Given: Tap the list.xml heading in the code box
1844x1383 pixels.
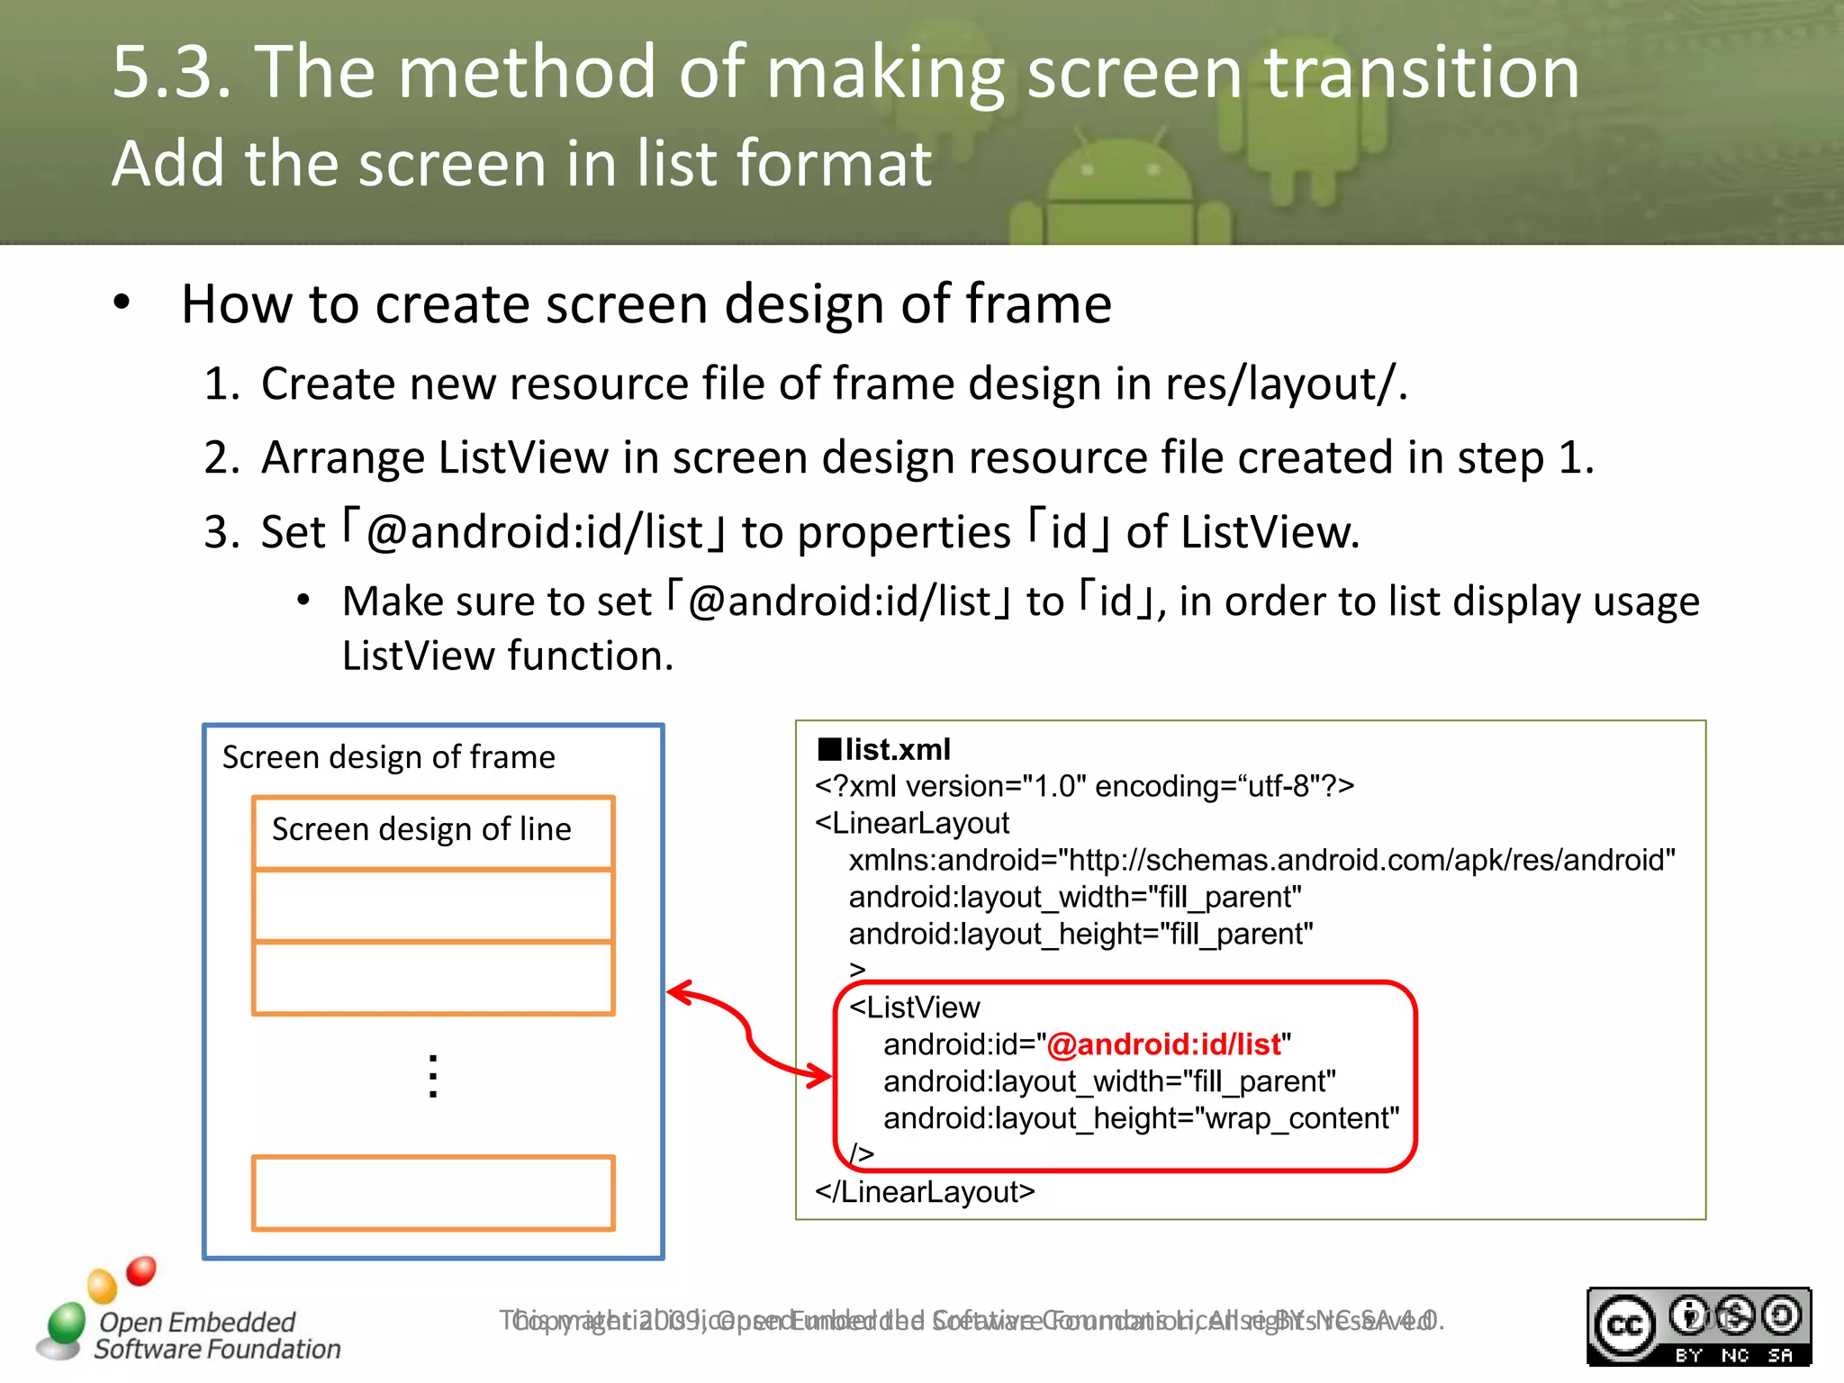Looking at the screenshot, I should coord(896,749).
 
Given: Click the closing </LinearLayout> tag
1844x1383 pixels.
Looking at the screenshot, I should coord(925,1192).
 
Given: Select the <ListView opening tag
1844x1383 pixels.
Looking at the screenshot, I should coord(914,1008).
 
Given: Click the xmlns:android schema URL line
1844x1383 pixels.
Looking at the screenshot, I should coord(1261,860).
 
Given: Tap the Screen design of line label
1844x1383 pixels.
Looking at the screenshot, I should coord(421,829).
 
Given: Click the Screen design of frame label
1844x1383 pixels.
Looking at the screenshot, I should coord(388,757).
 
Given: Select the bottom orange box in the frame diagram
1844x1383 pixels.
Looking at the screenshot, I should coord(433,1193).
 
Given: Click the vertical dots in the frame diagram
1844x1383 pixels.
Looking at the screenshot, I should coord(433,1077).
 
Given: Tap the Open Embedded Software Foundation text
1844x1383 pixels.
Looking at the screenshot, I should coord(217,1335).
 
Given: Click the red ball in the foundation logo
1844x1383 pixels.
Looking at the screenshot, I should coord(141,1270).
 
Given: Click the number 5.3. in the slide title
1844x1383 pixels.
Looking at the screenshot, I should coord(171,72).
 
